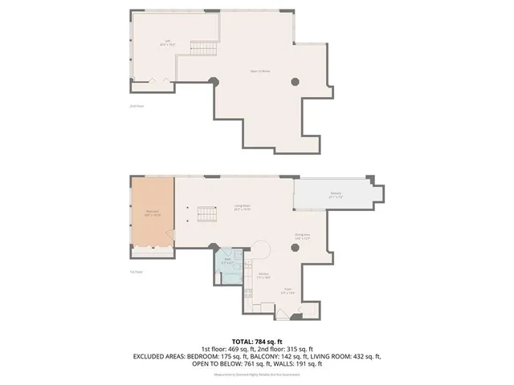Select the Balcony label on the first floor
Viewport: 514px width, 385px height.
(336, 194)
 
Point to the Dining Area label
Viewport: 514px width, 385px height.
(302, 236)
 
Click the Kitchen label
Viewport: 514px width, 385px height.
(263, 275)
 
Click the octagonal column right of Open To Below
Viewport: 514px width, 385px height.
(295, 80)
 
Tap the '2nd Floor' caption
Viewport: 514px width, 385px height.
(135, 105)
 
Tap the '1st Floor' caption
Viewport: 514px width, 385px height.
(136, 272)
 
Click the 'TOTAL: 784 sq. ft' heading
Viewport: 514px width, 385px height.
(257, 340)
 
